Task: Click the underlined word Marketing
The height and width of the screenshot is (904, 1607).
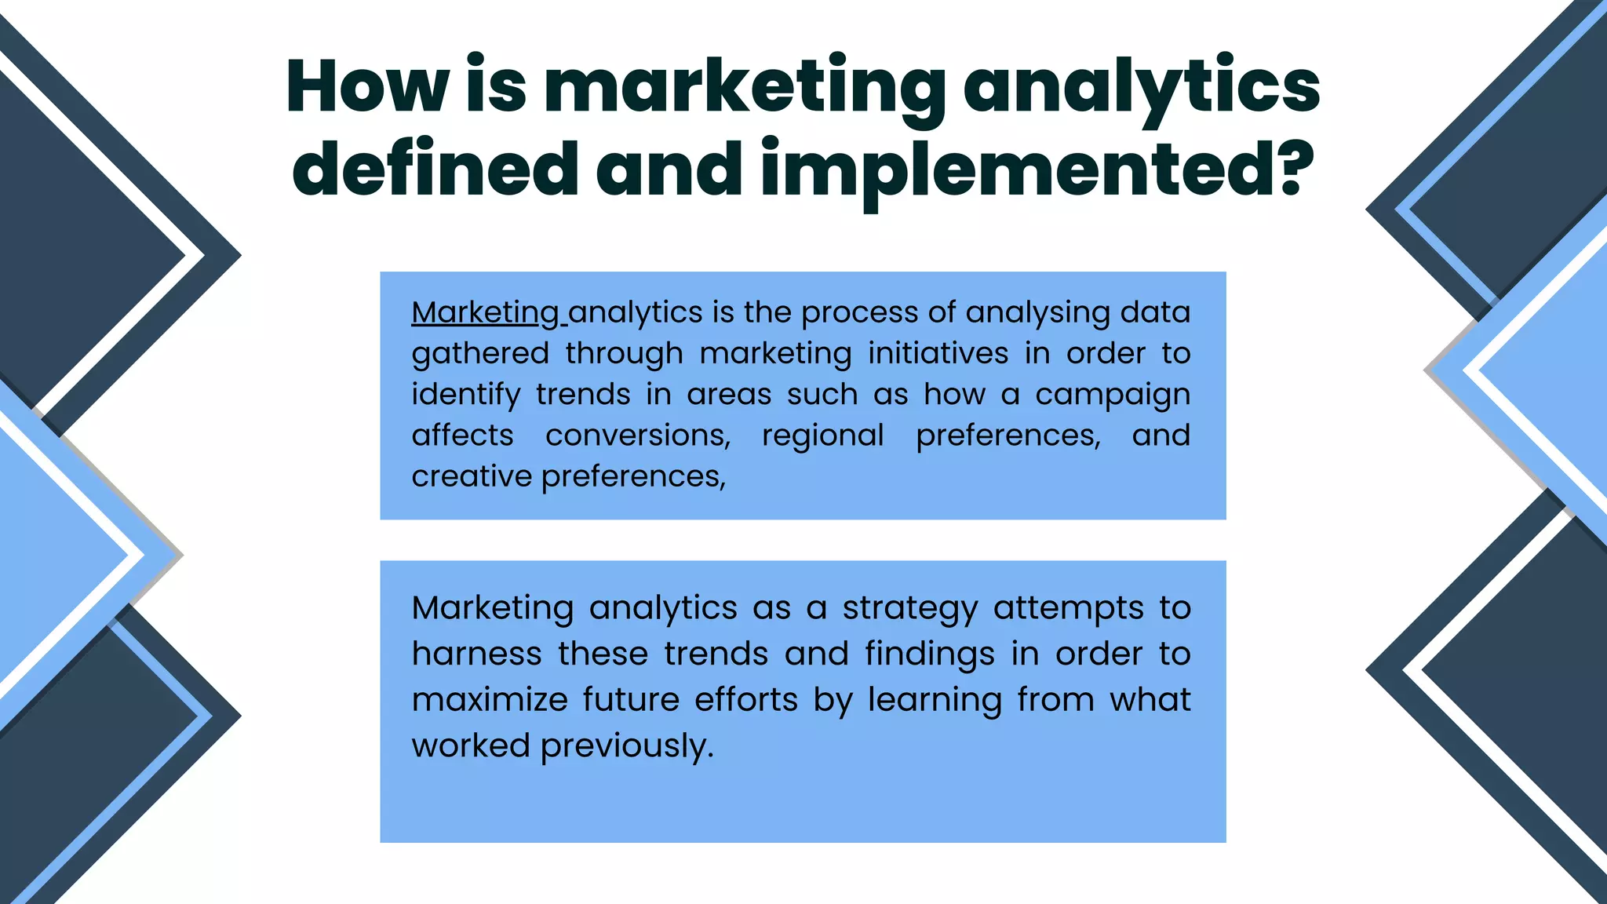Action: pos(485,312)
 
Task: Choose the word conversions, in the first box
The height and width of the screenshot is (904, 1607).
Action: pos(638,436)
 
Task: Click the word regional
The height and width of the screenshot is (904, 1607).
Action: pos(822,436)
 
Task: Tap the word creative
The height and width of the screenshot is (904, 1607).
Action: pos(472,476)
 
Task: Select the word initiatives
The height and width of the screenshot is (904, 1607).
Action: pos(938,353)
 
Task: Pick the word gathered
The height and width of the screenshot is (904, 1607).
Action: pos(480,353)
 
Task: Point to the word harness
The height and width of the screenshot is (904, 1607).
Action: pos(476,654)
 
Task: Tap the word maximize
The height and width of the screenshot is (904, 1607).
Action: pos(490,700)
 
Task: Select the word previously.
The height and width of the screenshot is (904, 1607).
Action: pos(627,746)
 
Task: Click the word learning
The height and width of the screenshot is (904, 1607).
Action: pos(935,700)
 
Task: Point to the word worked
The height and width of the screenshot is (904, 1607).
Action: pos(471,745)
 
